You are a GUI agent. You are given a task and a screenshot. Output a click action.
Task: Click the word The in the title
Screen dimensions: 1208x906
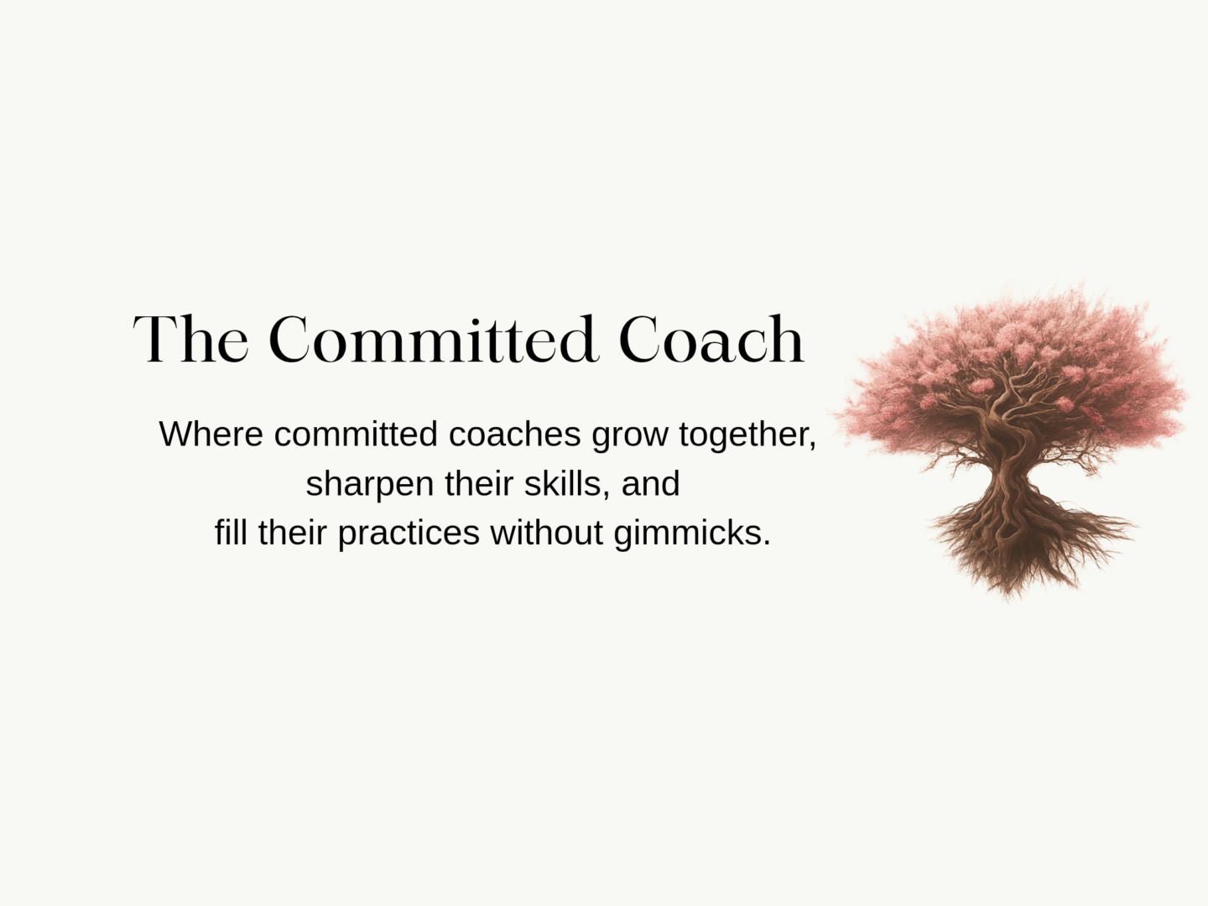190,339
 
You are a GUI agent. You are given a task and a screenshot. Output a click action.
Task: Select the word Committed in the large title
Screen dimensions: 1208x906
433,339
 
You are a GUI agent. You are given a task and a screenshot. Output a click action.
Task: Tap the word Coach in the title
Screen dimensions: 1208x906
711,339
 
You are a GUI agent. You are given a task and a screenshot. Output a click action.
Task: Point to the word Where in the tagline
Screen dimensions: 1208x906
211,434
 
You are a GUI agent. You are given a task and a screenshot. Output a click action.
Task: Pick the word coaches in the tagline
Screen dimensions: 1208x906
514,434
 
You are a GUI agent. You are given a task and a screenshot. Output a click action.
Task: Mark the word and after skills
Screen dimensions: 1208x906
650,483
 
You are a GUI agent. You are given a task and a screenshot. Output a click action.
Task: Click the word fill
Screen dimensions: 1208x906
231,533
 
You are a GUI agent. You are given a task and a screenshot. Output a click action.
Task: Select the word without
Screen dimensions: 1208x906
546,533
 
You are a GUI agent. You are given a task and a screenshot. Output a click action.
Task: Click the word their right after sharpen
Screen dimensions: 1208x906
479,483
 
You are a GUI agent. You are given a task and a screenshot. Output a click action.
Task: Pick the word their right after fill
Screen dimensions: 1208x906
292,533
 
